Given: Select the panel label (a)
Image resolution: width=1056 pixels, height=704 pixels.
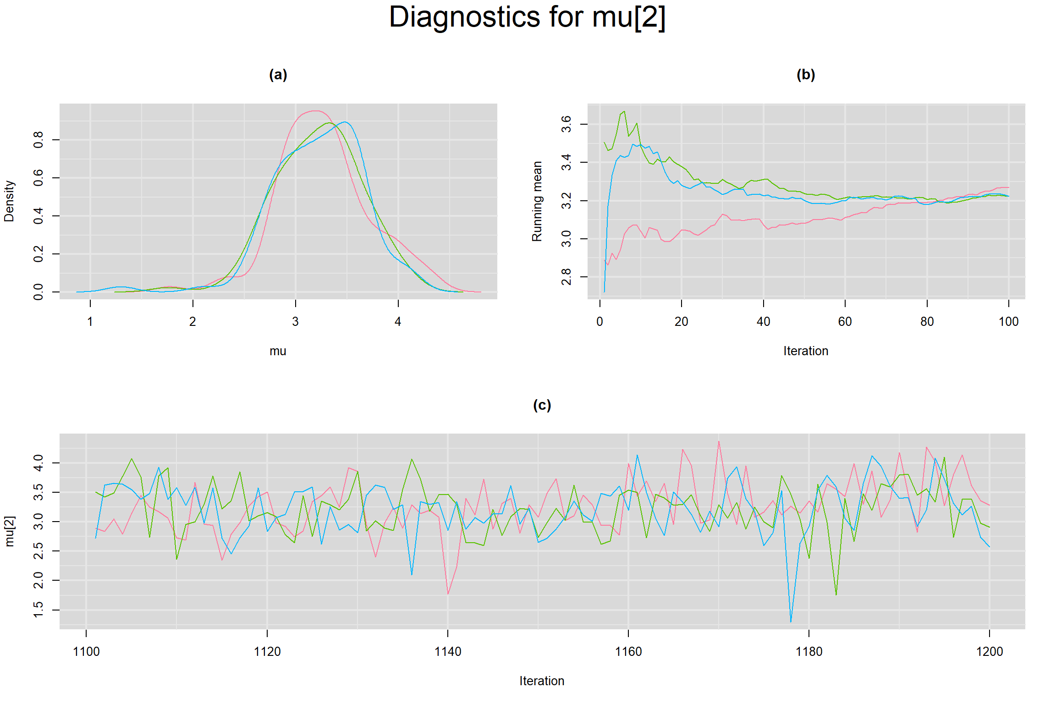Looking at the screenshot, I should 278,75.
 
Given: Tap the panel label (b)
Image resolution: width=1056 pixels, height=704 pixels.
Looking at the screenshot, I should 806,75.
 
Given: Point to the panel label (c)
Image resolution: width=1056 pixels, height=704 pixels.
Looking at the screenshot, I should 542,405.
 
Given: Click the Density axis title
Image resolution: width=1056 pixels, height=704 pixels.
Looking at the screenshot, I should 9,201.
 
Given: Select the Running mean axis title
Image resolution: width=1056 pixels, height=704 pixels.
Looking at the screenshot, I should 537,201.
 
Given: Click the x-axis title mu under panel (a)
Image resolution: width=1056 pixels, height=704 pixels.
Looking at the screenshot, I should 278,351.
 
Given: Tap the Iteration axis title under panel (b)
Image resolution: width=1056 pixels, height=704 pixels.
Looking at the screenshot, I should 806,351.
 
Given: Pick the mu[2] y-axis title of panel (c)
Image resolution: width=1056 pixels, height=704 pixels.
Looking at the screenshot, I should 9,531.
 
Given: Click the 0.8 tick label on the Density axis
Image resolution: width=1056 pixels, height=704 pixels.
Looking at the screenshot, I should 38,139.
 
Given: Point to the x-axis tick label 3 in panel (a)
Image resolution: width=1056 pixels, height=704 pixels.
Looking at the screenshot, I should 295,322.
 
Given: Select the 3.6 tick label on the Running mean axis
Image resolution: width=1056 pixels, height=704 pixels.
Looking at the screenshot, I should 566,124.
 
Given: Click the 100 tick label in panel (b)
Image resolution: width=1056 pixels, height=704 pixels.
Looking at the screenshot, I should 1008,322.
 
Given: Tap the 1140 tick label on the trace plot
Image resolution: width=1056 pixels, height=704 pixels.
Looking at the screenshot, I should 447,652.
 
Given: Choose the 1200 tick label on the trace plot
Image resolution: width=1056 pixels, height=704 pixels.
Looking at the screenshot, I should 990,652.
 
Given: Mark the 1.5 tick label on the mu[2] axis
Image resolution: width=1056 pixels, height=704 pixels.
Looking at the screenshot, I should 38,610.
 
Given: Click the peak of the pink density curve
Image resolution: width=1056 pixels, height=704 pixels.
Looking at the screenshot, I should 315,111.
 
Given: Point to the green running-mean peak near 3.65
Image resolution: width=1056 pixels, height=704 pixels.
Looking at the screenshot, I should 624,111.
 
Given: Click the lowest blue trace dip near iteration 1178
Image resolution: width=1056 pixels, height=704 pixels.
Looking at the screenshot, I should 791,622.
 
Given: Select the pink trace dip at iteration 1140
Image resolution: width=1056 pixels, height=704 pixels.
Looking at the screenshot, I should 448,594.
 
